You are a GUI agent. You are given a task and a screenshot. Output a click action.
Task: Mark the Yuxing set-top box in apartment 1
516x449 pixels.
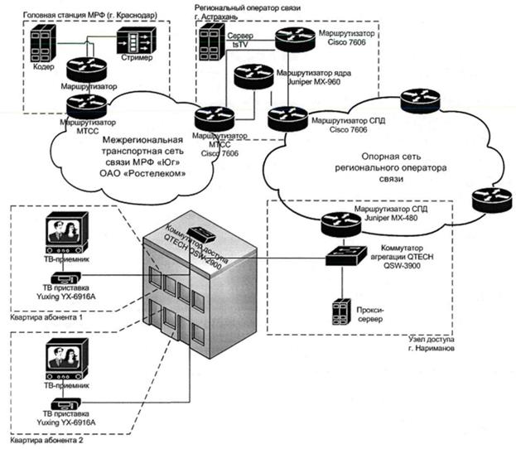[64, 279]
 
